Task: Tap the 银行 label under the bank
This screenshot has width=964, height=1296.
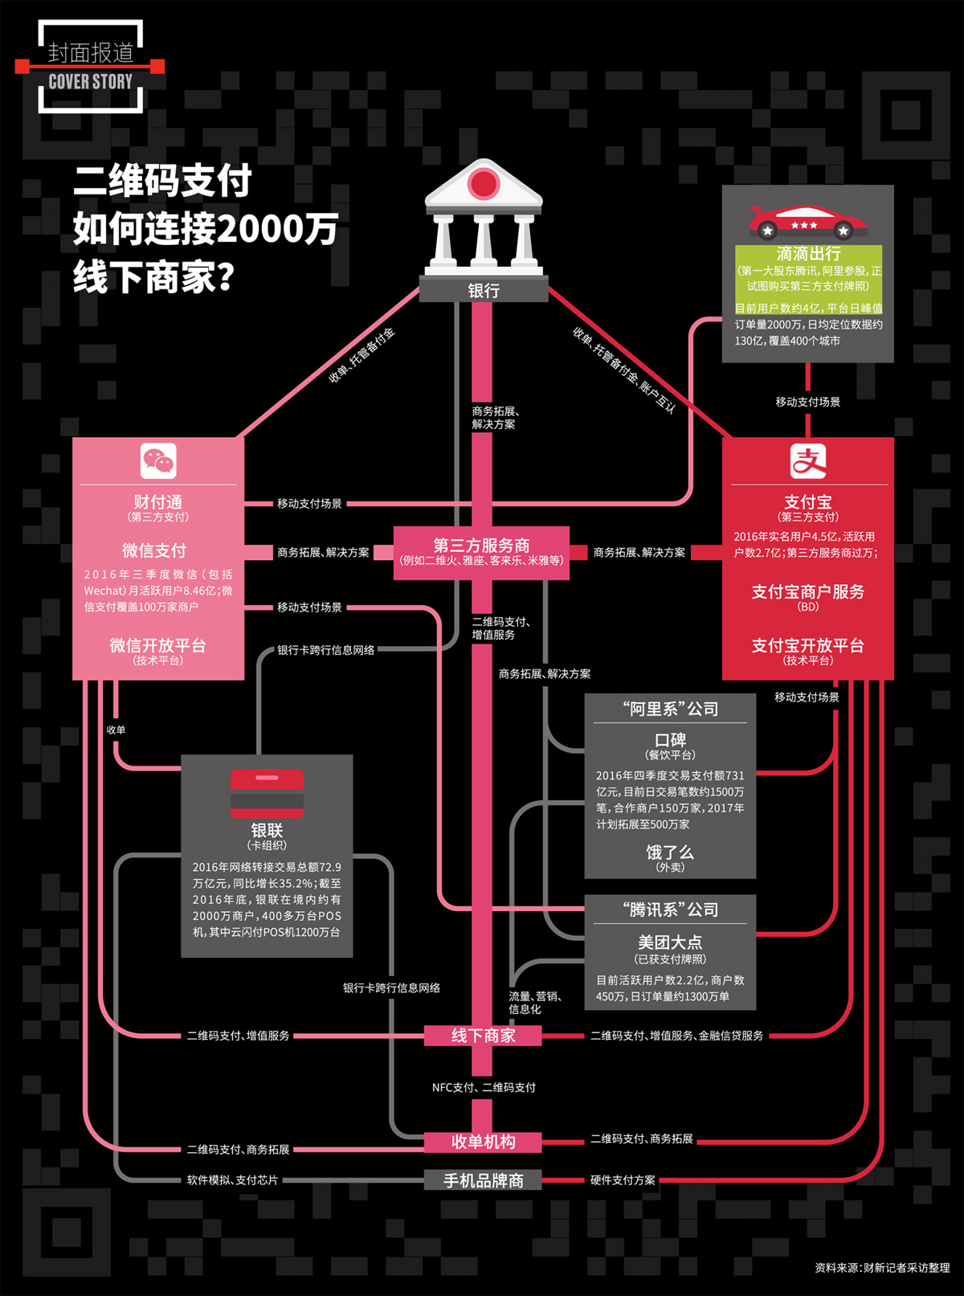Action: click(483, 290)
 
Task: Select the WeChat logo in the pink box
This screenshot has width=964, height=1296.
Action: click(158, 461)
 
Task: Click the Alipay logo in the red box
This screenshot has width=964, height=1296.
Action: click(807, 461)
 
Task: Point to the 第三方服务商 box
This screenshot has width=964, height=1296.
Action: click(481, 552)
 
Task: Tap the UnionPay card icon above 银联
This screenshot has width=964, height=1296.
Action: click(267, 792)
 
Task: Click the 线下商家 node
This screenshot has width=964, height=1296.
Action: click(483, 1036)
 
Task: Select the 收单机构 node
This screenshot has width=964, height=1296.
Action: click(483, 1142)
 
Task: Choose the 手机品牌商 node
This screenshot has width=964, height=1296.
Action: click(483, 1180)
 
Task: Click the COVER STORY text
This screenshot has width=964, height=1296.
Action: click(90, 81)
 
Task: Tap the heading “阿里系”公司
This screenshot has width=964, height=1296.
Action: click(670, 709)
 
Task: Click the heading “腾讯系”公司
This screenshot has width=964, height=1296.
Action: click(670, 910)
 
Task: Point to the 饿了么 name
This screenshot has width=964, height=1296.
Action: click(670, 852)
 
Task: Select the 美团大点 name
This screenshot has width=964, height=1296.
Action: click(670, 942)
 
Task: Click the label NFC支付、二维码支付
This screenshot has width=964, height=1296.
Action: click(484, 1087)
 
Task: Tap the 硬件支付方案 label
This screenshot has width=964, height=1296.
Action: click(623, 1180)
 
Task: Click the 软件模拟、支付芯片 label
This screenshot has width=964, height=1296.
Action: click(232, 1180)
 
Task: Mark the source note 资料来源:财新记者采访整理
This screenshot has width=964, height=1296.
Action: click(881, 1267)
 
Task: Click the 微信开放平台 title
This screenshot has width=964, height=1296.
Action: click(157, 645)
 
